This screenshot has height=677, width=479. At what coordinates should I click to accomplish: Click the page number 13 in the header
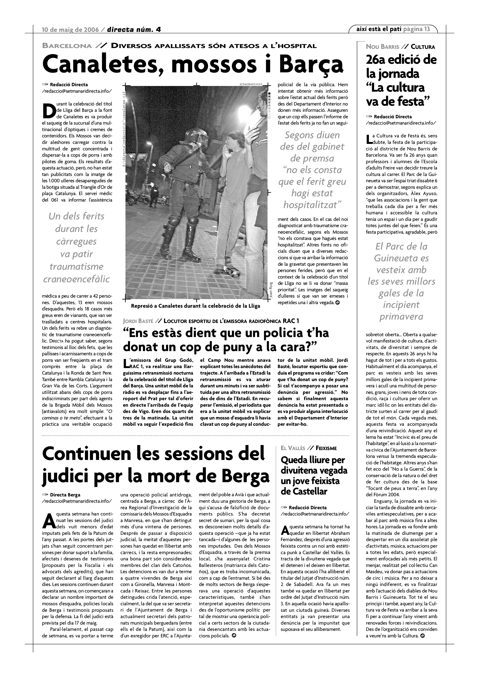click(x=427, y=29)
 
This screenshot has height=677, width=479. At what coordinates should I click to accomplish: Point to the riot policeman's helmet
click(x=196, y=136)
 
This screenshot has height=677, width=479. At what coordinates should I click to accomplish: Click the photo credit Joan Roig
click(x=271, y=290)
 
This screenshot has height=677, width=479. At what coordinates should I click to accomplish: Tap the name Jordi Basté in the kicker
click(x=138, y=321)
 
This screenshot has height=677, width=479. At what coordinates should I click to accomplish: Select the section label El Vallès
click(x=293, y=448)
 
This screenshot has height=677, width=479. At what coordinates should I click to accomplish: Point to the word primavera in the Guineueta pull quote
click(x=401, y=317)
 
